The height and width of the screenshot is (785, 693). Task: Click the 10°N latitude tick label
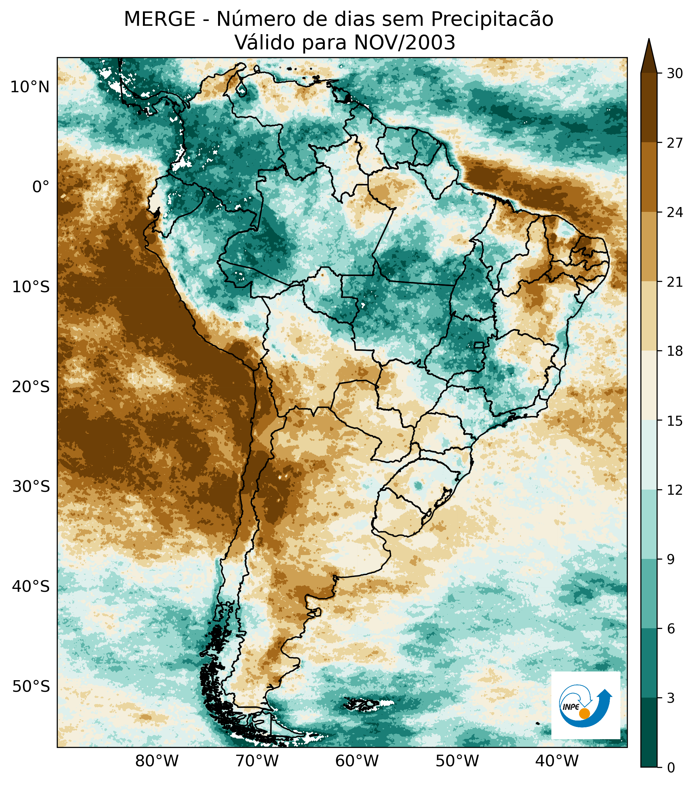pos(30,88)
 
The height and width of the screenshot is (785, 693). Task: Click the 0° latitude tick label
pos(41,187)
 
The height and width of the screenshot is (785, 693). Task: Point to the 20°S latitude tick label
pos(31,387)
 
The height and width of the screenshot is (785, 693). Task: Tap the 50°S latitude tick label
pos(31,686)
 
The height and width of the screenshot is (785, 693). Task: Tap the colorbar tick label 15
pos(675,421)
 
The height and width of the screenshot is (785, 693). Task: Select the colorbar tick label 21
pos(675,282)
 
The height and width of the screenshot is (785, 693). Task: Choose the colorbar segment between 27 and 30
pos(649,107)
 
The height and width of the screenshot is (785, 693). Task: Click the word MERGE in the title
pos(159,19)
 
